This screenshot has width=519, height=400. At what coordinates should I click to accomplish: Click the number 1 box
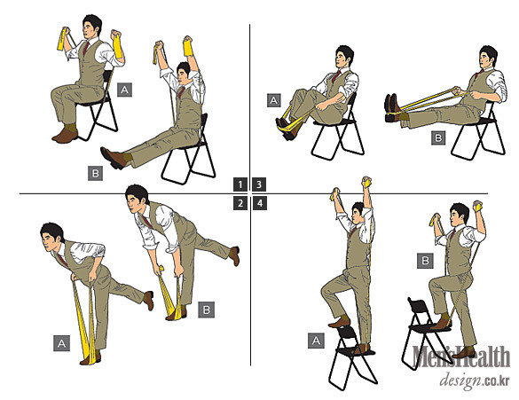coord(240,184)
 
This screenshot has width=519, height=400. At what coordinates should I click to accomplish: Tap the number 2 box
coord(240,203)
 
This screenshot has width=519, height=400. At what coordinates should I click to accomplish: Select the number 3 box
coord(259,184)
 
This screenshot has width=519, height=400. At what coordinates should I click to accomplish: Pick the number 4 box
coord(259,203)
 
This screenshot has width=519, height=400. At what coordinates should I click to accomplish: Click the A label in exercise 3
coord(274,100)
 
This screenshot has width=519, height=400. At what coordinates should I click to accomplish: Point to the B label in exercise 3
coord(438,137)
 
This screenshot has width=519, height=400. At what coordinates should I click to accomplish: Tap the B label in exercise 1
coord(95,173)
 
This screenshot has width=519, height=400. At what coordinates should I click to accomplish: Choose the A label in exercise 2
coord(61,343)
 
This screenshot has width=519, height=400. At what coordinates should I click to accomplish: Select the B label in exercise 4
coord(425,261)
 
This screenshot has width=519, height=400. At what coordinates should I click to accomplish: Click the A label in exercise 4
coord(316,341)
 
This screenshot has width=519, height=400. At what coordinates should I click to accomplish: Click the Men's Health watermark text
coord(461,357)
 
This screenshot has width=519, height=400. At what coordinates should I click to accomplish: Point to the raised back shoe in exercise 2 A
coord(149,300)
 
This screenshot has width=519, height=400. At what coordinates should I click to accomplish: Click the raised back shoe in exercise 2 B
coord(235,255)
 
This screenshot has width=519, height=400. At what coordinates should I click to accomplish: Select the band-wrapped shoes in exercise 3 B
coord(394,108)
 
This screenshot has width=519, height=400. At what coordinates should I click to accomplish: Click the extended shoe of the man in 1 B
coord(114,158)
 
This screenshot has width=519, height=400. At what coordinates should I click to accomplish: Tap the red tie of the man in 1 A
coord(86,48)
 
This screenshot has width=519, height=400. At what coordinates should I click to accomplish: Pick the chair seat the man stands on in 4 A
coord(356,350)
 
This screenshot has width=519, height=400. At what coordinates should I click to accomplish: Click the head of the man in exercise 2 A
coord(52,237)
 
